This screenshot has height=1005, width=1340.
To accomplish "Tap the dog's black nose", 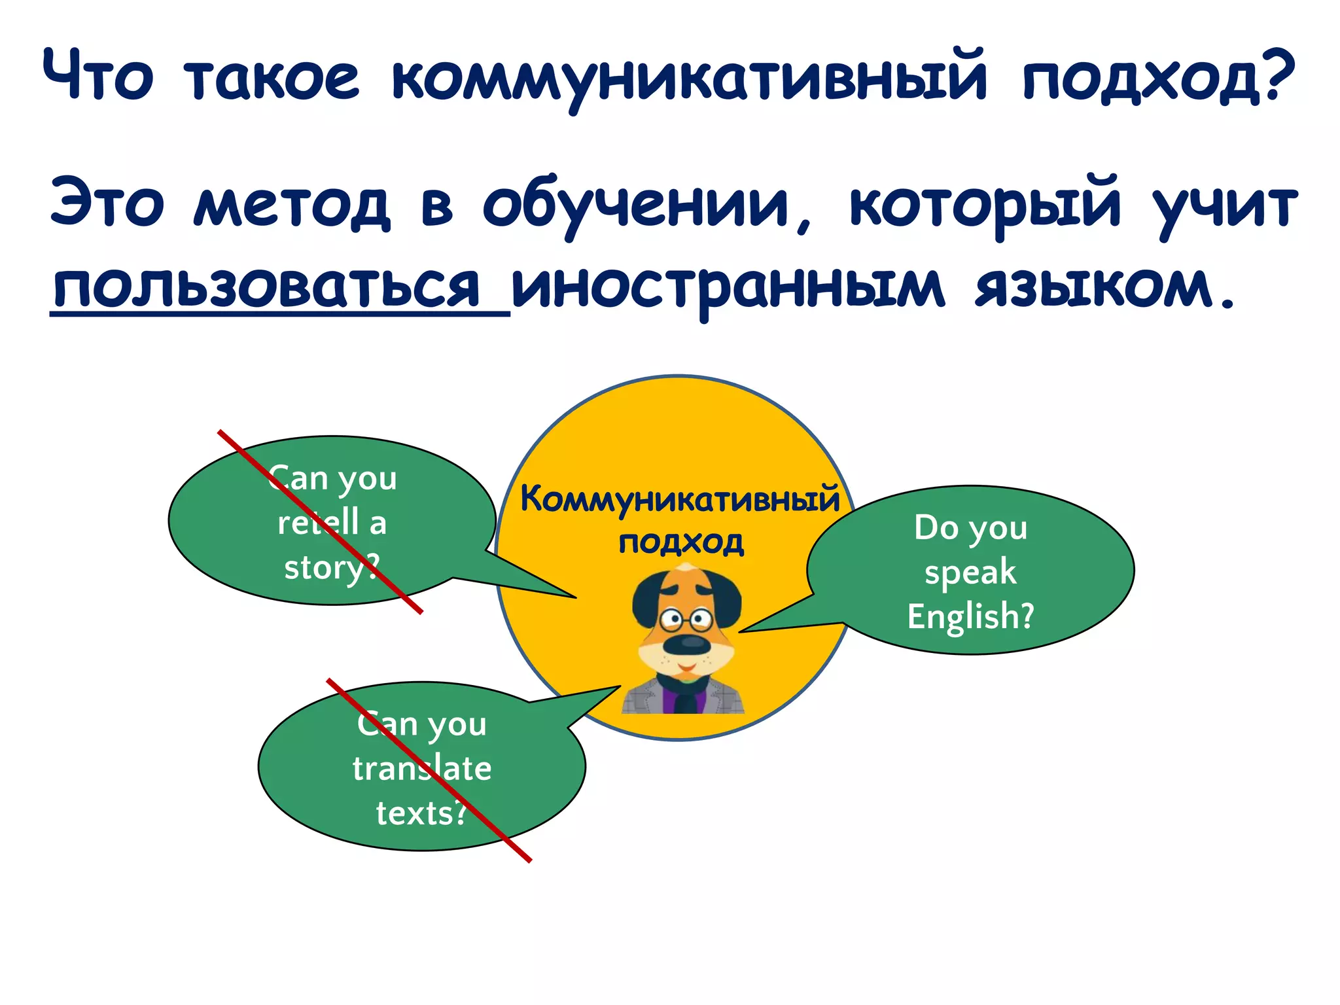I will (x=686, y=645).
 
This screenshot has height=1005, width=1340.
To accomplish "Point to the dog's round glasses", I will (x=686, y=618).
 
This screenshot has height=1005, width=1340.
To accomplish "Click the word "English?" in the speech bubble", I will (x=970, y=616).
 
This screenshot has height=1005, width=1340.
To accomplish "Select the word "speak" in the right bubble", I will (x=970, y=573).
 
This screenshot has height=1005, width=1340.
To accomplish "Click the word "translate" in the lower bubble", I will (x=422, y=768).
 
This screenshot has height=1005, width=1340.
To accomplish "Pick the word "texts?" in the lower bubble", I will (x=422, y=813).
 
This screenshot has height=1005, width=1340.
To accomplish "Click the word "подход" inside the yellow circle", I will (x=681, y=542).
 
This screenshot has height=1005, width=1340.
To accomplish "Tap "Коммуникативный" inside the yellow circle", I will (x=680, y=500).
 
